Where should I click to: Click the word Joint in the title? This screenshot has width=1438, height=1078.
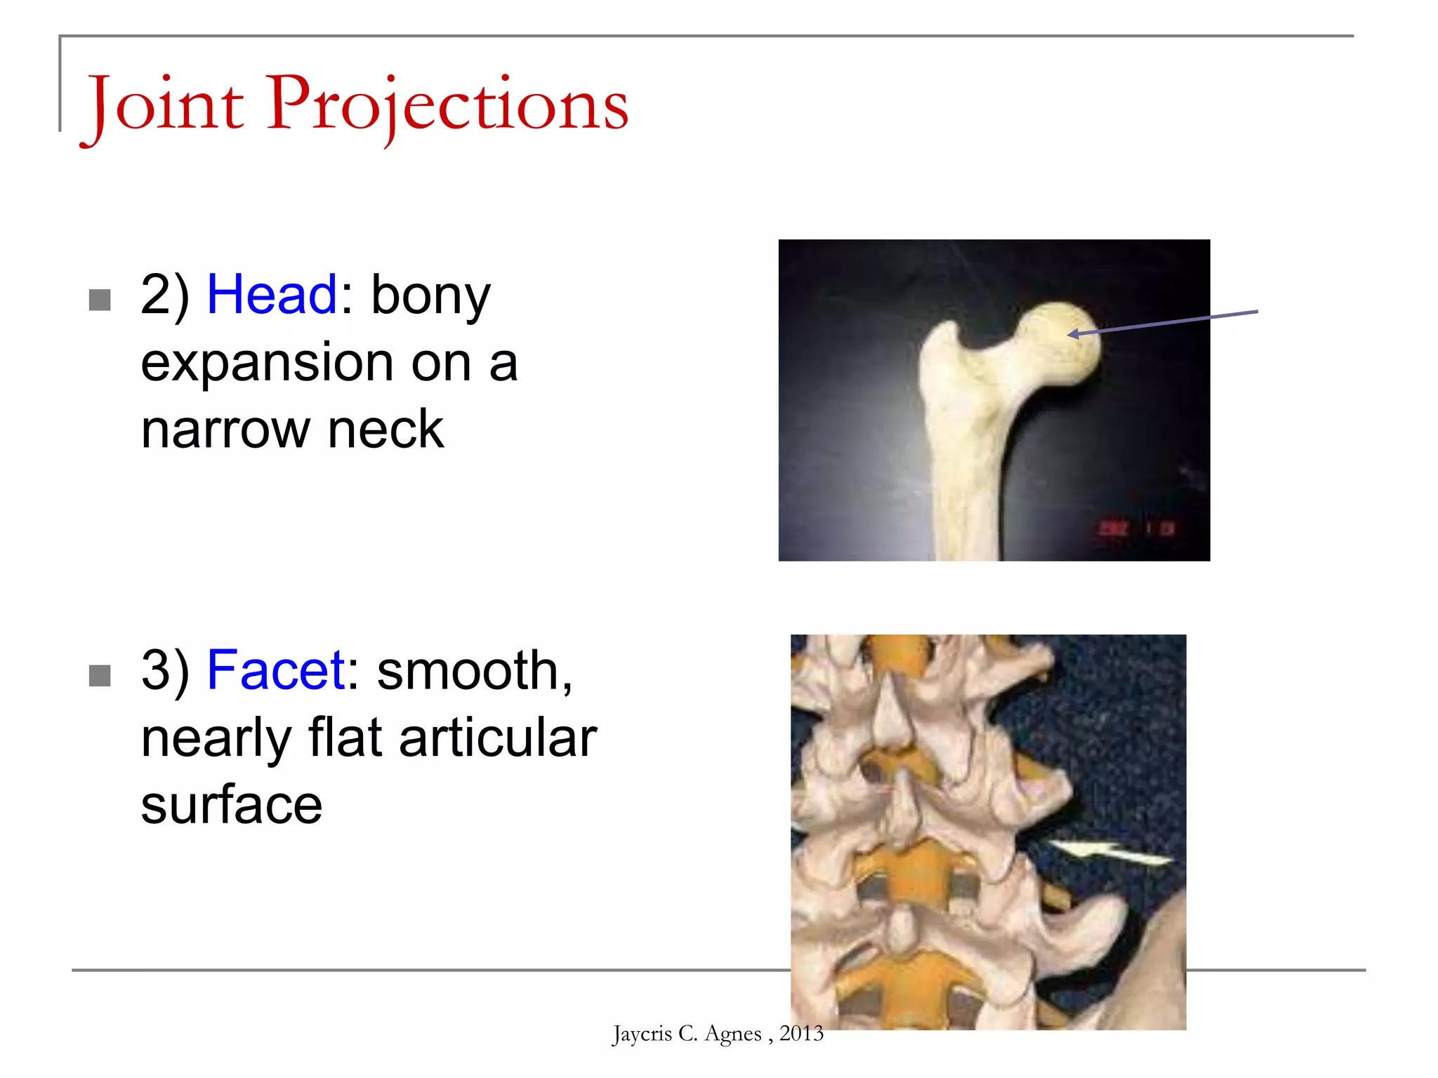166,105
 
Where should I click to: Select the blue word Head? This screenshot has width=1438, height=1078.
272,295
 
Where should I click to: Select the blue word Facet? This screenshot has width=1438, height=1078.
276,670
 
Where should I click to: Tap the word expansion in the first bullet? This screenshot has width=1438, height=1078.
267,364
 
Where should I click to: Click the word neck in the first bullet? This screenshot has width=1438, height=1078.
385,430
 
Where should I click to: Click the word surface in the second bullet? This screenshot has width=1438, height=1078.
231,805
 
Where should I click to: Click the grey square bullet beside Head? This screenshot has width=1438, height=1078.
100,300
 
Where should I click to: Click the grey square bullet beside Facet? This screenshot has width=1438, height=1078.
100,676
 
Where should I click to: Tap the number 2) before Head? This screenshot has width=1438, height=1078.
165,295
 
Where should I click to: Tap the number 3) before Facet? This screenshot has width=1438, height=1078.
165,670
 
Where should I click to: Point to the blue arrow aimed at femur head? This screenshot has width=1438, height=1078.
1166,322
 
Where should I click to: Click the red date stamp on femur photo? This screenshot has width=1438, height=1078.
1137,528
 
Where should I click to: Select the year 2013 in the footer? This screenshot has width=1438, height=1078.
801,1033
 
